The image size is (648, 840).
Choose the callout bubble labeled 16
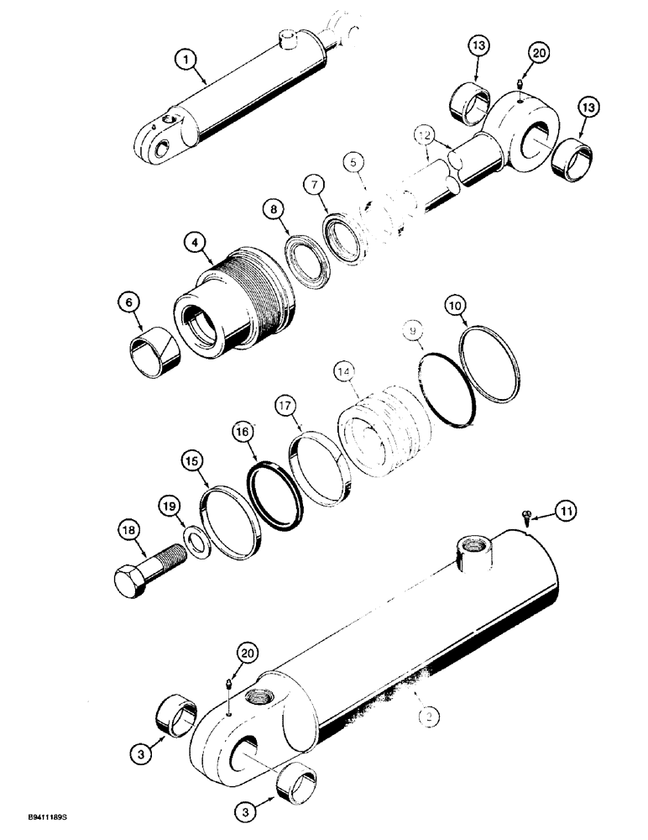point(243,433)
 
